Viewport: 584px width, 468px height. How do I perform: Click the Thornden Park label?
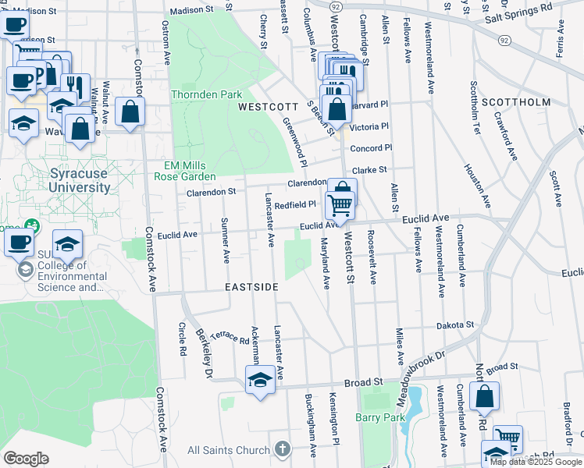tap(207, 94)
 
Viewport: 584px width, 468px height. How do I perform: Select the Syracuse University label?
tap(69, 180)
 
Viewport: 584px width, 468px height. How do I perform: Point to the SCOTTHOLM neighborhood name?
tap(516, 102)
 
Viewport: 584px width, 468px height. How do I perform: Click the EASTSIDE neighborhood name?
tap(251, 287)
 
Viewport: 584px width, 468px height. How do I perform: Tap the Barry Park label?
tap(380, 417)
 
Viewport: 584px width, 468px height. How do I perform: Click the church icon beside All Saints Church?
tap(282, 449)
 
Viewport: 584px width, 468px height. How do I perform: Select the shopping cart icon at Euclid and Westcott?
tap(340, 205)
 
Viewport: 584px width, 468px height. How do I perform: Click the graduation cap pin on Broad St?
tap(260, 381)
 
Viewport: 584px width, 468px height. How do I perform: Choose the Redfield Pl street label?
tap(295, 204)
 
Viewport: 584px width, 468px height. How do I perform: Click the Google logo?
tap(25, 459)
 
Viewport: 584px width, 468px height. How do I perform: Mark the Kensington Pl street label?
tap(336, 413)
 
